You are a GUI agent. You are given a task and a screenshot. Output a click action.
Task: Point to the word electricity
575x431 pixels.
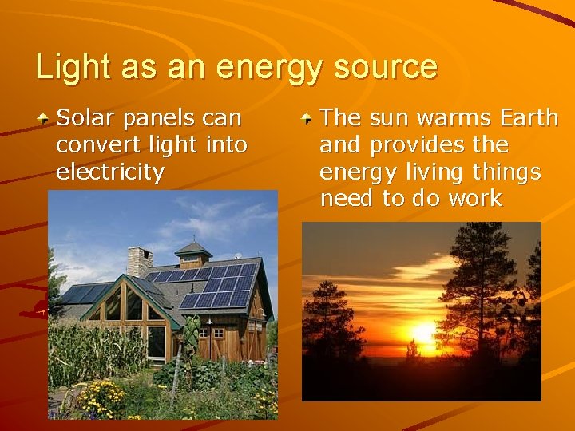point(110,172)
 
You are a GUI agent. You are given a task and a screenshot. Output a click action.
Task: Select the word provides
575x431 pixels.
point(415,145)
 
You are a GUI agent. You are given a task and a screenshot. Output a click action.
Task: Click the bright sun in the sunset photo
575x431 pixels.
point(422,334)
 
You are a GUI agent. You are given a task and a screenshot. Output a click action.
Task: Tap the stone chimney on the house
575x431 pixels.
point(140,261)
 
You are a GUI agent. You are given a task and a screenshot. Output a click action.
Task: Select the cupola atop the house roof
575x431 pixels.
point(193,254)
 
